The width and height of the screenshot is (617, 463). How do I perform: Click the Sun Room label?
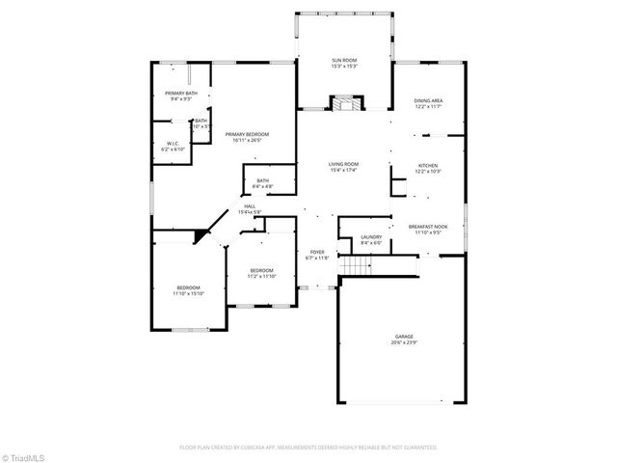344,60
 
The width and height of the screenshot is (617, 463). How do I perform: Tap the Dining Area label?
429,101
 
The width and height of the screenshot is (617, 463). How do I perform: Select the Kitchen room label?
428,165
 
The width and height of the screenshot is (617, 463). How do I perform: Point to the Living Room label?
344,165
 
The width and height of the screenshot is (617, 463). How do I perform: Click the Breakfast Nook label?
428,226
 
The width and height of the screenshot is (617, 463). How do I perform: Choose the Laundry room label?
371,237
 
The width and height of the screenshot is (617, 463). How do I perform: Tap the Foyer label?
317,252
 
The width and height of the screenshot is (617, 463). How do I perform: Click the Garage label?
403,337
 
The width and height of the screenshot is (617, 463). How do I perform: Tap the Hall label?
249,205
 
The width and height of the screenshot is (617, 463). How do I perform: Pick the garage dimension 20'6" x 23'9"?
403,343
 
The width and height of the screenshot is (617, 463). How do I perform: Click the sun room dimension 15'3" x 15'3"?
344,67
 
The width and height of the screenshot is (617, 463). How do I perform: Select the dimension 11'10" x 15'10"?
188,293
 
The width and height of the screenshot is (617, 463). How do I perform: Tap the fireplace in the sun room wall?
344,103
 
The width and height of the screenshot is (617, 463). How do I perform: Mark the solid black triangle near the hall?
203,234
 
